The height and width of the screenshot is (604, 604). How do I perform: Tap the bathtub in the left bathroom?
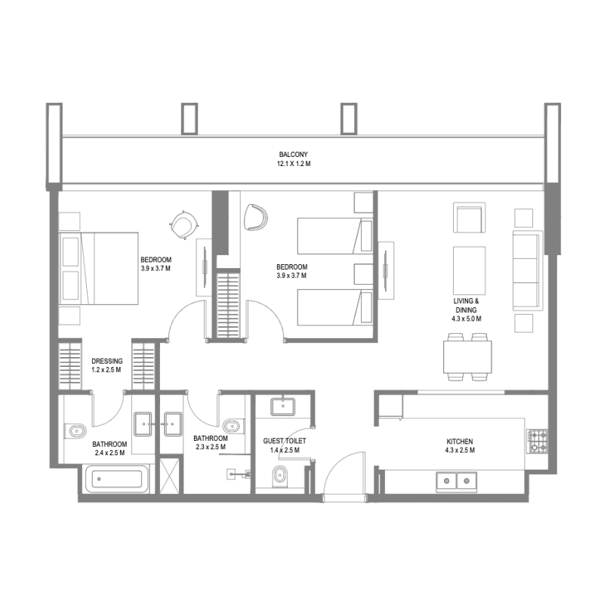point(115,479)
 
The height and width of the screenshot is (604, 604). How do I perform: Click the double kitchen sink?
point(458,479)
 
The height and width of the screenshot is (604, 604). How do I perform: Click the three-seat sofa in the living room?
point(526,270)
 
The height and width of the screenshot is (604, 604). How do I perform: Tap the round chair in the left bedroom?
point(183,223)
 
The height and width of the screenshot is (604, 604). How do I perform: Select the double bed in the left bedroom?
point(98,268)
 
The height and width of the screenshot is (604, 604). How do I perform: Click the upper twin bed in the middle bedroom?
point(335,236)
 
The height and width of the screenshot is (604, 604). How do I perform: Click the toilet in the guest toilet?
point(279,476)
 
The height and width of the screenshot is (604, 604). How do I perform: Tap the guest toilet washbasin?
point(283,406)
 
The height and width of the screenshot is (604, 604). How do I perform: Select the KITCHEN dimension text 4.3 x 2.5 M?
point(459,451)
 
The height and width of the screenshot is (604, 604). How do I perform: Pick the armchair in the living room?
point(469,218)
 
